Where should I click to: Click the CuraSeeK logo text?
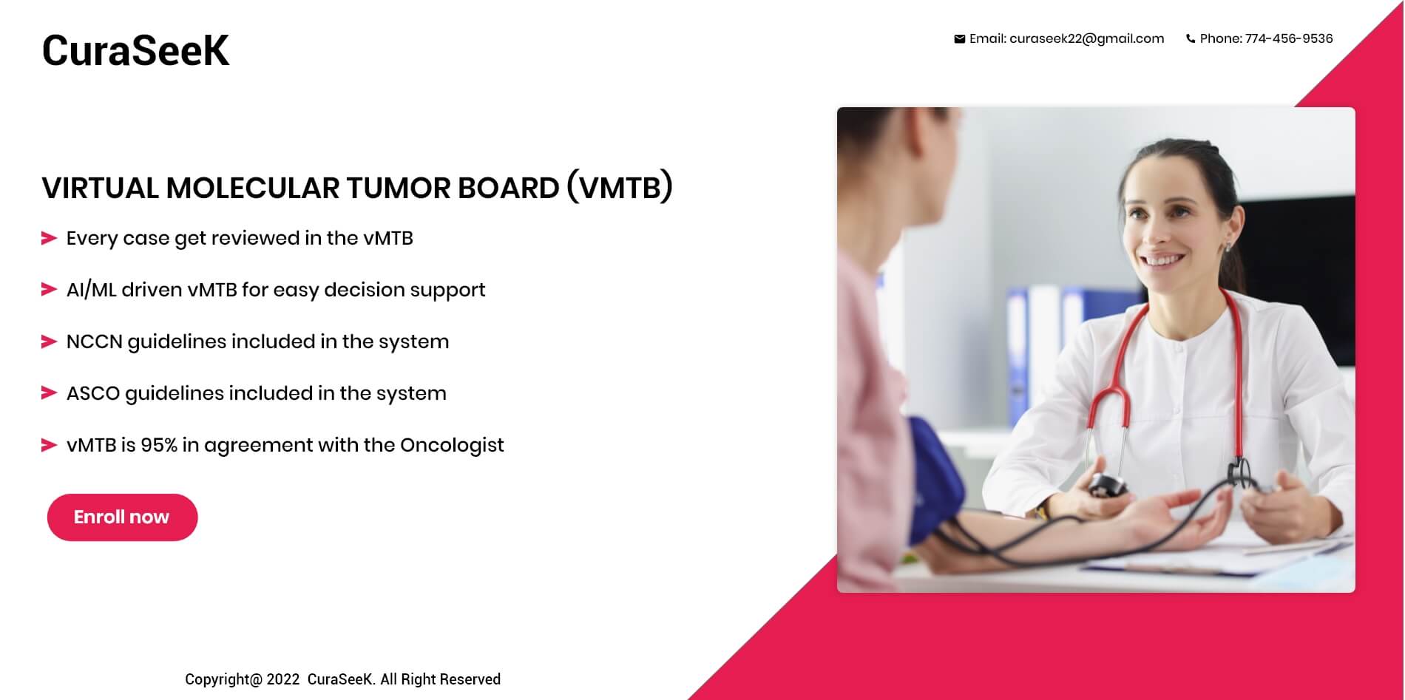(x=135, y=50)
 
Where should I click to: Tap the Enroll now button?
(x=123, y=517)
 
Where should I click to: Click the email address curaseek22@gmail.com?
(x=1086, y=38)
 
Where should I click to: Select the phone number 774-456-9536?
(x=1289, y=38)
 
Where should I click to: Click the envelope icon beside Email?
(x=959, y=39)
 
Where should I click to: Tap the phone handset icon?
(x=1191, y=39)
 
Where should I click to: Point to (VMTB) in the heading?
(x=620, y=187)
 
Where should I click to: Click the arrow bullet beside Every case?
(x=49, y=238)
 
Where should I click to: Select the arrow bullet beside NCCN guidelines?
(x=49, y=341)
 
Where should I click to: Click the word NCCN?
(x=94, y=341)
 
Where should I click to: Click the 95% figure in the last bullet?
(x=159, y=445)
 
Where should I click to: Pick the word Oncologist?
(x=452, y=445)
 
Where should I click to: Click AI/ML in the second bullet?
(x=92, y=290)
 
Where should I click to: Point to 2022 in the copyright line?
(x=283, y=679)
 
